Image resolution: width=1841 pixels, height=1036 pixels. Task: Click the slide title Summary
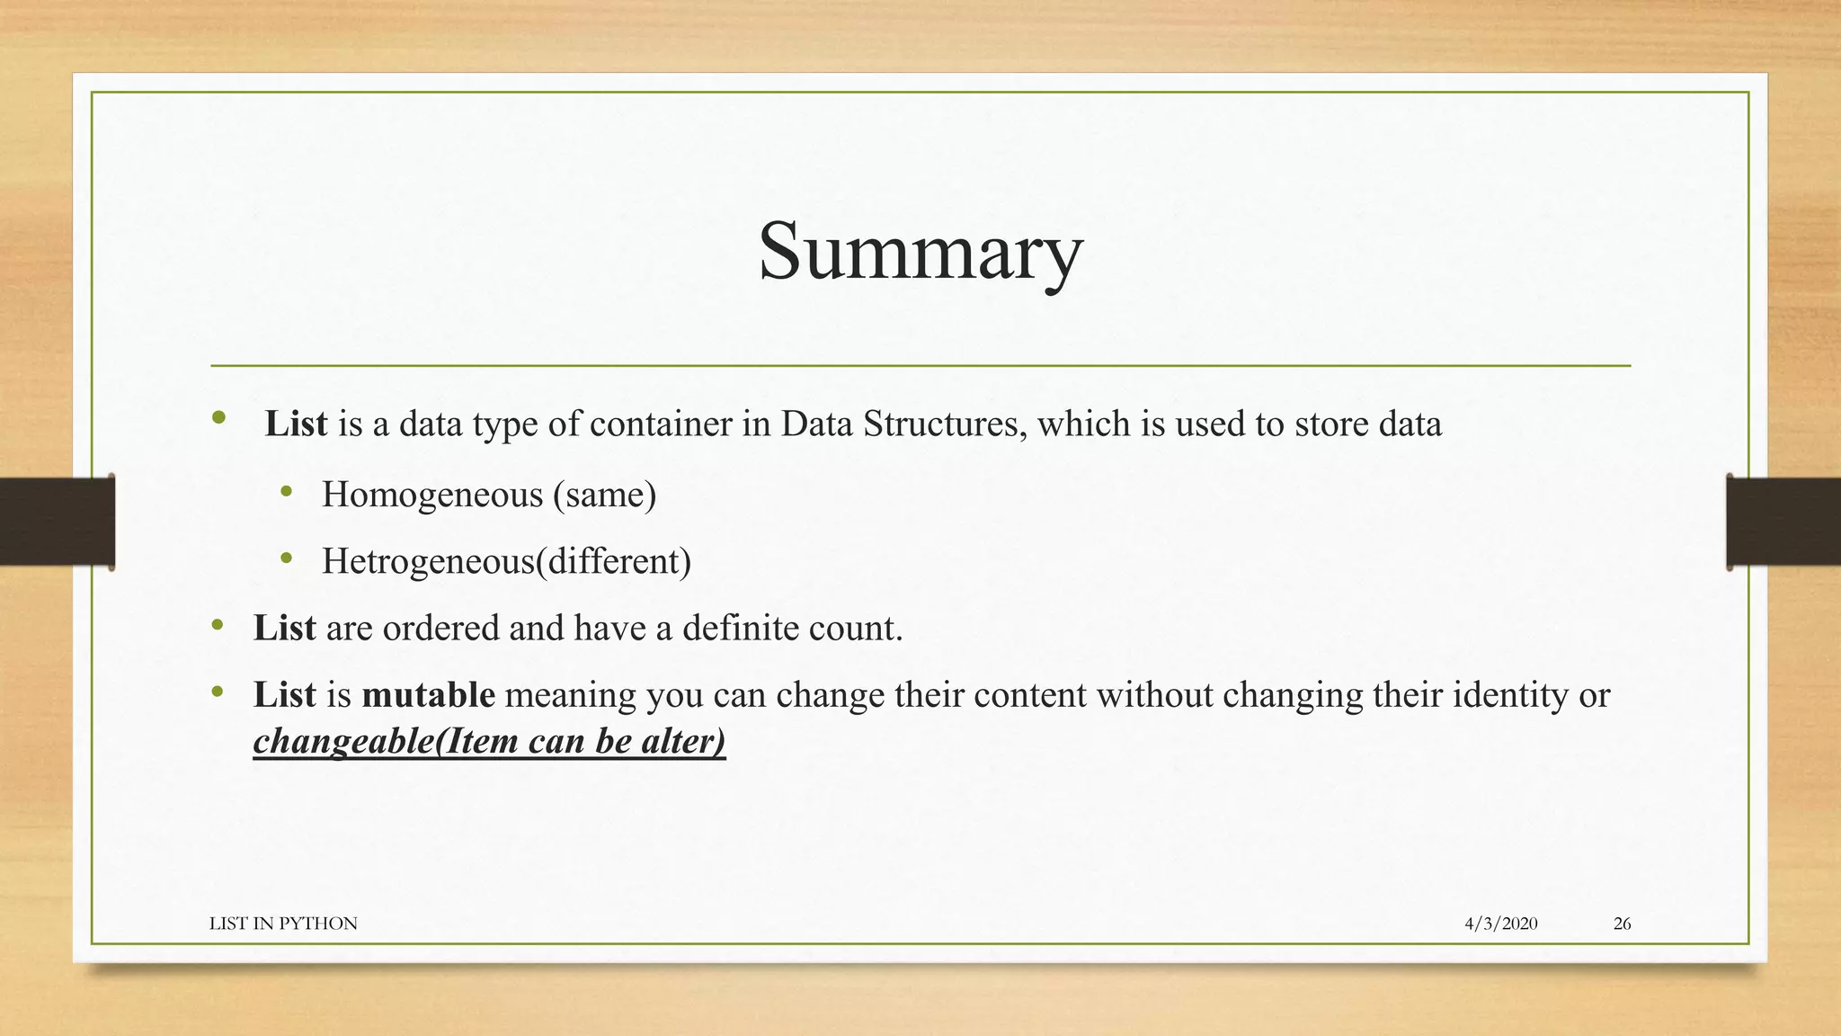[920, 252]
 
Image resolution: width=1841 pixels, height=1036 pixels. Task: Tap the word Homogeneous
[432, 496]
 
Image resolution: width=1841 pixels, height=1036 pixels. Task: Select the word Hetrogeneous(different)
[506, 562]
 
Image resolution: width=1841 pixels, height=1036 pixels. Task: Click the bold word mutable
[428, 695]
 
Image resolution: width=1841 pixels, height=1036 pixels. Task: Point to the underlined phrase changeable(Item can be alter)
[489, 742]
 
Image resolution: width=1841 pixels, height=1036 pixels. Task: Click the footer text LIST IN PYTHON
[283, 924]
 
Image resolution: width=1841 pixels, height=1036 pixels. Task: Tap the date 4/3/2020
[1500, 924]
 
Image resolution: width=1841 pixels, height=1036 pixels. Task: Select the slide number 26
[1622, 924]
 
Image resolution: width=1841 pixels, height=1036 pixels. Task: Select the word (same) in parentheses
[604, 496]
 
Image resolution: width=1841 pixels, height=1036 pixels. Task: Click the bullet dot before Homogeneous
[287, 492]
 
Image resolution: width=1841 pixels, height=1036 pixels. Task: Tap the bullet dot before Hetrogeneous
[287, 558]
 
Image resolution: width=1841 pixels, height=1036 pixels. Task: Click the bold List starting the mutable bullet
[284, 695]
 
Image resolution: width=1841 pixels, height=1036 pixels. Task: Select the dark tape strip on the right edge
[1783, 522]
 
